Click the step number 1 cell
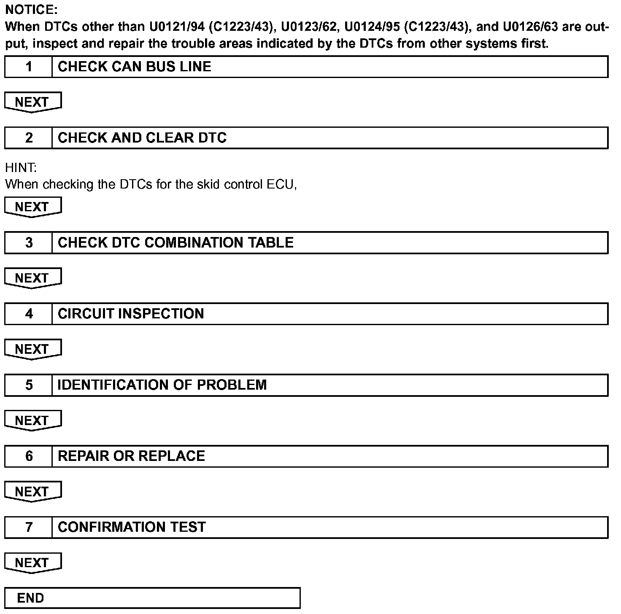28,67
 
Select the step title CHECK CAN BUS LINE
134,67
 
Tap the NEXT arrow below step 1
32,102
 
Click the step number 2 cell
28,138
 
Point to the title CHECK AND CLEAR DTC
142,138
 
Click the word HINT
21,168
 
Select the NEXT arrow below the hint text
32,207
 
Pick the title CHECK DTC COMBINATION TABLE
175,242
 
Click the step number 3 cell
28,242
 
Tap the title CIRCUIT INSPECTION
131,314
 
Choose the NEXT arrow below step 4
32,350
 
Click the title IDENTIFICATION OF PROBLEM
162,385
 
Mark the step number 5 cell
28,385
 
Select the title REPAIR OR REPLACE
131,456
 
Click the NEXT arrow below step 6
32,492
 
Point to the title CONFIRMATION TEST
132,527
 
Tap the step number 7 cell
28,527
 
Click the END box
152,598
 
